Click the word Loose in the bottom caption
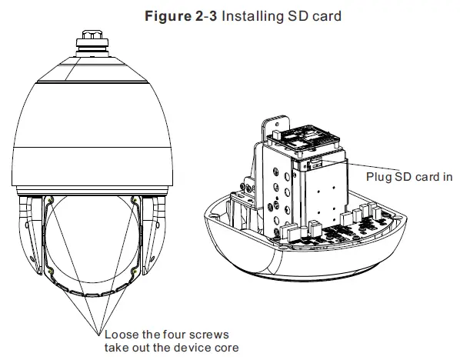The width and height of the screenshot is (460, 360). tap(118, 335)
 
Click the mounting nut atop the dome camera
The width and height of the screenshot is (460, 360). tap(95, 42)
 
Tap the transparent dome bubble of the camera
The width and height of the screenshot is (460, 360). tap(95, 246)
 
